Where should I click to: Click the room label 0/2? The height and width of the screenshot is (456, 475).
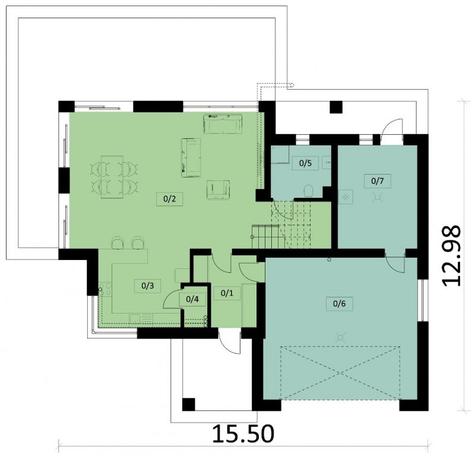click(170, 199)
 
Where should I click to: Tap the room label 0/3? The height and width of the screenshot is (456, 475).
click(147, 286)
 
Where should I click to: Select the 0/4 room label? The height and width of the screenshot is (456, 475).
click(192, 299)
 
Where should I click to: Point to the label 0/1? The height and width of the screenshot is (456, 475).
click(227, 293)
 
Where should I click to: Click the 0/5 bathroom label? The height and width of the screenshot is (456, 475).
click(305, 163)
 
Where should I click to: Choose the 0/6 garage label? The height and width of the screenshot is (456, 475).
click(339, 303)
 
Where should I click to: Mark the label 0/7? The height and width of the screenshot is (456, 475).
click(378, 181)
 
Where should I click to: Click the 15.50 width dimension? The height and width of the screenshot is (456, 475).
click(243, 434)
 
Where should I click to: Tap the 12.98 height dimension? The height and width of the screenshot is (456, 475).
click(451, 255)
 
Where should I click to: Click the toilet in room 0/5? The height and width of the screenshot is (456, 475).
click(308, 191)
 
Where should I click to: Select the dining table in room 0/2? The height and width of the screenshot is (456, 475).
click(112, 177)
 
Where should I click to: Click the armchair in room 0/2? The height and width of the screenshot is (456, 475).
click(218, 189)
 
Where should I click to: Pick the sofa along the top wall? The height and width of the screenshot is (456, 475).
click(223, 124)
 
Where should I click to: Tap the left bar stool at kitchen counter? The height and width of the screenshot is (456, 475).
click(118, 243)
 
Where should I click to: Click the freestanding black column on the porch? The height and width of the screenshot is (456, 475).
click(188, 404)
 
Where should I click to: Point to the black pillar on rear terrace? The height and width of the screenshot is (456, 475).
click(336, 107)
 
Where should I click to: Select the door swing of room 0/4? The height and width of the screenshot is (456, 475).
click(172, 299)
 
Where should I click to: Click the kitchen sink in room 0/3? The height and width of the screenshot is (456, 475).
click(135, 318)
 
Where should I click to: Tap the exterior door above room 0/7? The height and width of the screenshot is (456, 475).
click(392, 128)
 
